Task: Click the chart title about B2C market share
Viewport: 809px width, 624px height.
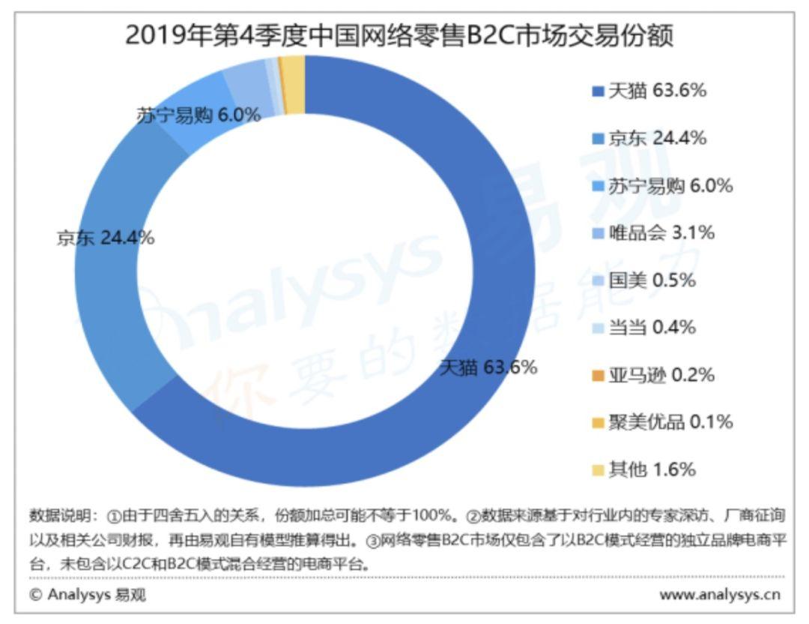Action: click(x=399, y=35)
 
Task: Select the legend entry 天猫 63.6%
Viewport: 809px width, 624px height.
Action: click(x=649, y=91)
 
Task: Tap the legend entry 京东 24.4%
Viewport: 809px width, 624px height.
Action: click(x=649, y=138)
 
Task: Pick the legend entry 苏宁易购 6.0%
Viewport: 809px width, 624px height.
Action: click(x=661, y=185)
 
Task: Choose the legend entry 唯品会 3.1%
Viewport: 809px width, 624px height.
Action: click(x=652, y=232)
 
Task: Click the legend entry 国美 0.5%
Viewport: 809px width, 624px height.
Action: click(x=643, y=280)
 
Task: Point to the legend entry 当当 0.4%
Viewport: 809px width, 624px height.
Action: click(x=643, y=327)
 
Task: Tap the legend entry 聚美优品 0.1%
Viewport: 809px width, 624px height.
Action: click(x=661, y=421)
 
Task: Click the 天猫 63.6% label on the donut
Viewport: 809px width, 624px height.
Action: click(x=488, y=367)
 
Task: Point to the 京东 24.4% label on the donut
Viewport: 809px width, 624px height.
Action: click(x=106, y=238)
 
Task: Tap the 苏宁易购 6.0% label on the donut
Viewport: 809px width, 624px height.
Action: click(x=199, y=115)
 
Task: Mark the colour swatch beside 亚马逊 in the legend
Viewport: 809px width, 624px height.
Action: click(x=598, y=375)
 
